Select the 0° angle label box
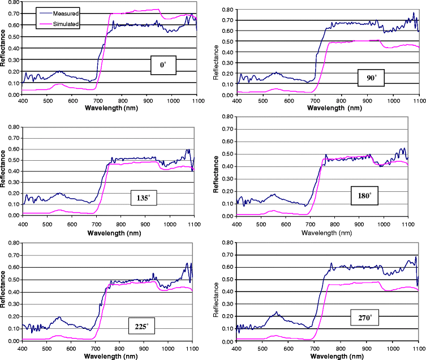(164, 66)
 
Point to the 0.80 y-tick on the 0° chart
(11, 2)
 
